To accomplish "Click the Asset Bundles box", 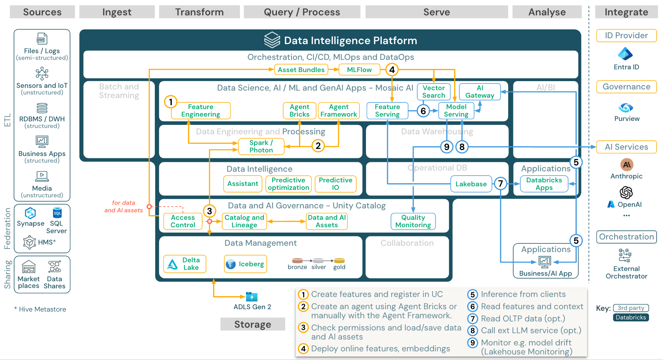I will (301, 70).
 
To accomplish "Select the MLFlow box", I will (359, 70).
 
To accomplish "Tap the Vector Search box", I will (433, 92).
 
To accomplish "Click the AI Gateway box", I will (479, 92).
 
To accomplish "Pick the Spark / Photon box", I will (261, 147).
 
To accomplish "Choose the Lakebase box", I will (471, 184).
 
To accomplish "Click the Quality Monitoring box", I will (413, 221).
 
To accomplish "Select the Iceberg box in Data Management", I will (245, 264).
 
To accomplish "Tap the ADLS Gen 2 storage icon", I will (251, 297).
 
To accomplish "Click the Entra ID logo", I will (625, 54).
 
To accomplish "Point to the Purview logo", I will (626, 108).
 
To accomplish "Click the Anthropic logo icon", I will (626, 165).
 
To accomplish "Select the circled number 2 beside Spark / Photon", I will (318, 146).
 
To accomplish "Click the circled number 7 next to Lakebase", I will (500, 184).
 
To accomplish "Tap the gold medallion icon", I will (339, 261).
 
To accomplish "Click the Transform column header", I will (199, 12).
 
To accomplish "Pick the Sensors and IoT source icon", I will (42, 73).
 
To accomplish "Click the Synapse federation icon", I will (30, 213).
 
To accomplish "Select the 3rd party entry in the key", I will (631, 308).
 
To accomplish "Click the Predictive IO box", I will (335, 184).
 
